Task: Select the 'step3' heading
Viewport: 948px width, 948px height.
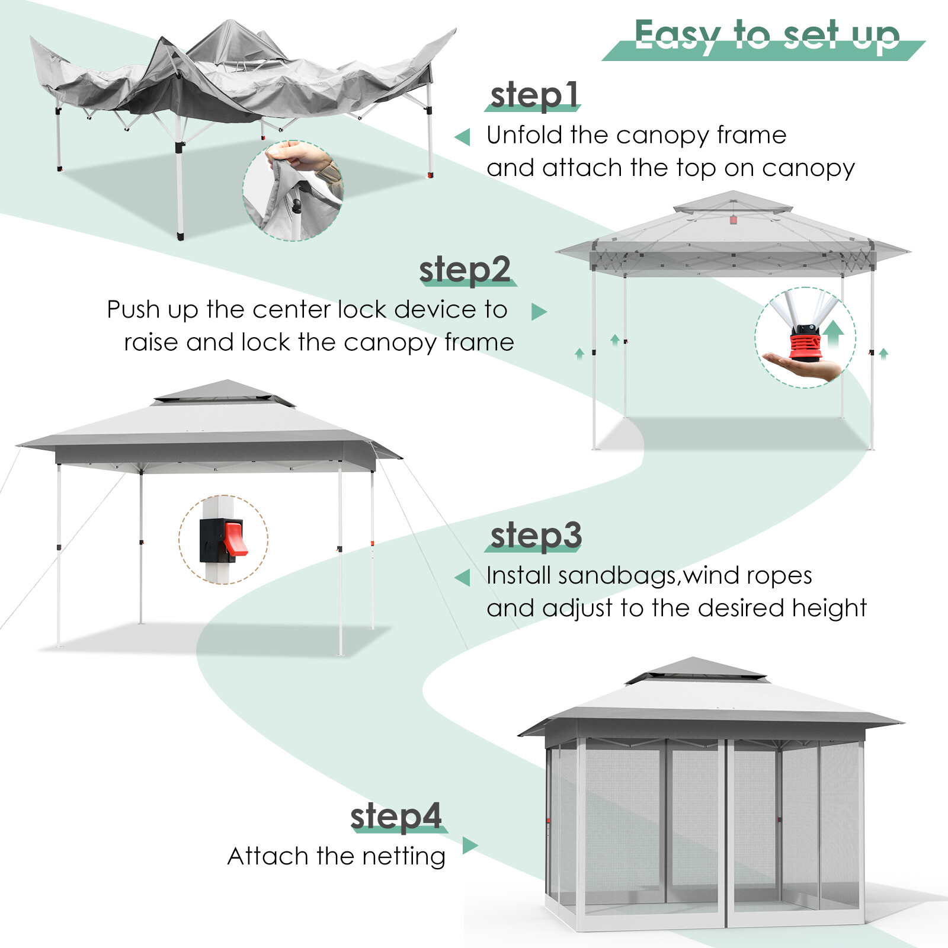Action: [x=536, y=535]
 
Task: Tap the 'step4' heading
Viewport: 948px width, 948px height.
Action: [x=396, y=816]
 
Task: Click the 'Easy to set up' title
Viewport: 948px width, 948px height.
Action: [x=767, y=36]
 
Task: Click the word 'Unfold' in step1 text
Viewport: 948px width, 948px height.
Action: [x=524, y=135]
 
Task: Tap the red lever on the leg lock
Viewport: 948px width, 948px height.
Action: [x=235, y=538]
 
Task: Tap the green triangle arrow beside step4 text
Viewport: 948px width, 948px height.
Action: [x=469, y=845]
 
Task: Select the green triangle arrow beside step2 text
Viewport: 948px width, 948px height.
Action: [x=538, y=312]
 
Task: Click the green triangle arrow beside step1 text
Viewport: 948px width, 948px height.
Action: [x=463, y=137]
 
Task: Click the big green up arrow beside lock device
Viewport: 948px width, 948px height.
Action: [x=834, y=334]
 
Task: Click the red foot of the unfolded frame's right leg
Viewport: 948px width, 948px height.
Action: [x=430, y=175]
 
